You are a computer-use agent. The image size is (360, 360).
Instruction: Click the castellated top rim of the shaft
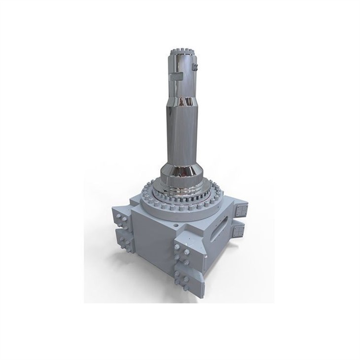pyautogui.click(x=183, y=51)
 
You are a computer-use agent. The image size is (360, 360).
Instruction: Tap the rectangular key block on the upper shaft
pyautogui.click(x=175, y=77)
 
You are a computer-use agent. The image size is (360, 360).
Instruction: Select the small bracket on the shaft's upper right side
pyautogui.click(x=196, y=67)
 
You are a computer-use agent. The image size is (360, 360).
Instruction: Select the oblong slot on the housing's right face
pyautogui.click(x=222, y=228)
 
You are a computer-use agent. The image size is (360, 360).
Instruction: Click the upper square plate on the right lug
pyautogui.click(x=241, y=211)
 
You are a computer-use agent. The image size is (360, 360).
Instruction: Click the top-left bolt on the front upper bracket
pyautogui.click(x=178, y=247)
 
